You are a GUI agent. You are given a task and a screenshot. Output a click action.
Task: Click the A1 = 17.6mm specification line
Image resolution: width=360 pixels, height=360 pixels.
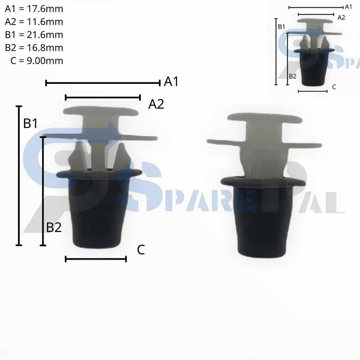(x=34, y=9)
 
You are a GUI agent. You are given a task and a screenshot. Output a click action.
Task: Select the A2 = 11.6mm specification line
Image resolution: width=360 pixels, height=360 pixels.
(x=34, y=22)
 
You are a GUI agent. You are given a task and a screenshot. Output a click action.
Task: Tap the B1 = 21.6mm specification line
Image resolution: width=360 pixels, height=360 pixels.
(x=34, y=35)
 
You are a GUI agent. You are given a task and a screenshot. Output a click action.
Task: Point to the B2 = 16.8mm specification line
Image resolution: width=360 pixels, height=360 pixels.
(x=34, y=48)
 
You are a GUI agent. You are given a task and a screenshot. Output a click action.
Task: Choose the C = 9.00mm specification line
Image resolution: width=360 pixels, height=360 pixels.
(x=37, y=61)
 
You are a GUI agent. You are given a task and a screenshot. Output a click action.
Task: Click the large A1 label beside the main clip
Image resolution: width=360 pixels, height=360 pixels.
(x=171, y=82)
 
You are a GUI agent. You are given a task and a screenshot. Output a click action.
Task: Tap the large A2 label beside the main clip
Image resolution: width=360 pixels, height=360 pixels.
(x=156, y=104)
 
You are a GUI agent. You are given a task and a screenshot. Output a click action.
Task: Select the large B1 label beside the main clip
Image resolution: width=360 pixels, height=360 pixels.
(x=31, y=123)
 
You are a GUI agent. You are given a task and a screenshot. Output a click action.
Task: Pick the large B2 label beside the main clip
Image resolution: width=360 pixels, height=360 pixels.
(x=54, y=227)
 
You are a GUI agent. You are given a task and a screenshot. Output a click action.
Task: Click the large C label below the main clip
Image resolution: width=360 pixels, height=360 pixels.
(x=141, y=250)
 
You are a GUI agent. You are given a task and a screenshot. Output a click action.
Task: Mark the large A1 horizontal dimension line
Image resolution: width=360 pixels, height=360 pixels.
(x=103, y=83)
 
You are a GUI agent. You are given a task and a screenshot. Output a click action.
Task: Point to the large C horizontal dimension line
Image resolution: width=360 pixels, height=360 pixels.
(x=96, y=259)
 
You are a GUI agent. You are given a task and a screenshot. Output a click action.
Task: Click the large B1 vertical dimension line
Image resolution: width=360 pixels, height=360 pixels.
(x=19, y=176)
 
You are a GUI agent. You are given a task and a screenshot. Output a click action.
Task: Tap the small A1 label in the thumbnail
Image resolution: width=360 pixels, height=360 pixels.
(x=348, y=7)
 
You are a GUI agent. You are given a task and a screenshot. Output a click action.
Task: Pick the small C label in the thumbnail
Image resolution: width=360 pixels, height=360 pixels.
(x=334, y=86)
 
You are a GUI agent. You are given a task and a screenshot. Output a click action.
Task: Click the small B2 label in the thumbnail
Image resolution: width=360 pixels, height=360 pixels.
(x=292, y=76)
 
